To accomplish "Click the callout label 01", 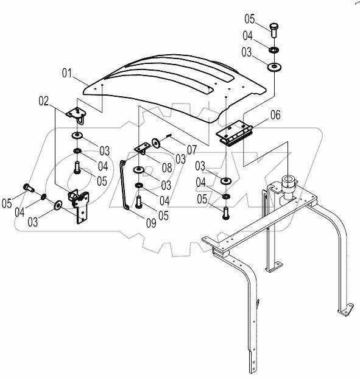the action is pos(67,73).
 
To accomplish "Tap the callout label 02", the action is pos(44,101).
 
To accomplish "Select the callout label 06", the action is pos(275,115).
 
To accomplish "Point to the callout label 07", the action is pos(192,150).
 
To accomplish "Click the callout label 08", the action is pos(167,168).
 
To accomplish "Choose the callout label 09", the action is pos(151,223).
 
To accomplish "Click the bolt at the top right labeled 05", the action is pos(274,30).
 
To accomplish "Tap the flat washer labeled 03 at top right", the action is pos(274,66).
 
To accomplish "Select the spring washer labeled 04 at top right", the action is pos(274,50).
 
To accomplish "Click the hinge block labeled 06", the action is pos(234,133).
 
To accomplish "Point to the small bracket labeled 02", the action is pos(77,115).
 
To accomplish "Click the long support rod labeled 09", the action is pos(124,185).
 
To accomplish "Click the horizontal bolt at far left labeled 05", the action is pos(29,188).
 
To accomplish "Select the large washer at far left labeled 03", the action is pos(58,205).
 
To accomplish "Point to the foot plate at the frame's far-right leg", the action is pos(345,310).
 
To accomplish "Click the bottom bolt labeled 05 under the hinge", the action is pos(225,213).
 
